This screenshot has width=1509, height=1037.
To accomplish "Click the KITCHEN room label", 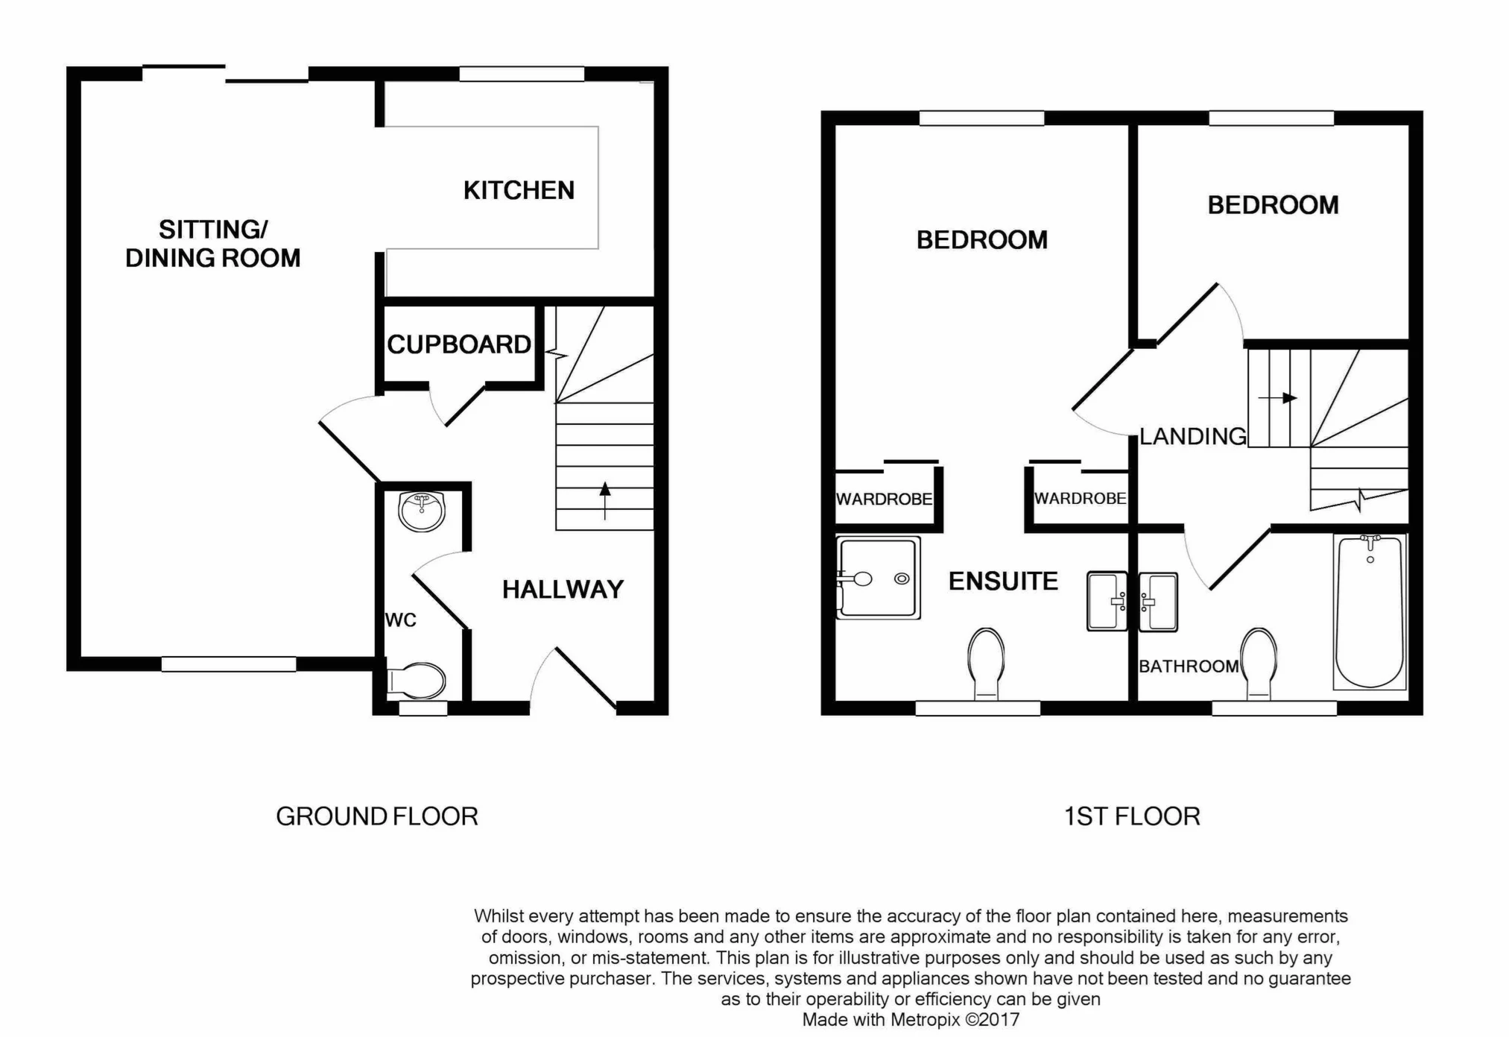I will [x=519, y=191].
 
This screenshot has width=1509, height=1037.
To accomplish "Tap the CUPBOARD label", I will [x=458, y=344].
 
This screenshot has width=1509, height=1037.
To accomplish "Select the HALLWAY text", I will [x=563, y=590].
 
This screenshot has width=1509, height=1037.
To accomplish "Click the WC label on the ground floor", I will [x=400, y=620].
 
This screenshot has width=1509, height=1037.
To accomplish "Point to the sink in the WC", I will [x=422, y=511].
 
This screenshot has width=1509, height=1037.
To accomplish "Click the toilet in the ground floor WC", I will [x=417, y=680].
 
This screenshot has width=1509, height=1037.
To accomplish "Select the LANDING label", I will [x=1192, y=436].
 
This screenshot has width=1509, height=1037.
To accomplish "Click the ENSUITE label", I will [x=1003, y=581].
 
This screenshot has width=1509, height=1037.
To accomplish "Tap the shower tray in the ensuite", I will [x=879, y=579].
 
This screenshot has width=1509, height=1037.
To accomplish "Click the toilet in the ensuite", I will [x=985, y=664].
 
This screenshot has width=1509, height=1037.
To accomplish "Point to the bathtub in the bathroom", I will [x=1370, y=611].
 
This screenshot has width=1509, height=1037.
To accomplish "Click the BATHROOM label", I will [x=1188, y=666].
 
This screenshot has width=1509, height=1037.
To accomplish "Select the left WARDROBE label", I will [x=884, y=499].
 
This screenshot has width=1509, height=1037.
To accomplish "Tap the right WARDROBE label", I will [x=1080, y=499].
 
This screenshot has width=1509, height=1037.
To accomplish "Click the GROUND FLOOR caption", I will [x=377, y=817].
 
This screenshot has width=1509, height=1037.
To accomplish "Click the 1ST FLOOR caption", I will [x=1132, y=817].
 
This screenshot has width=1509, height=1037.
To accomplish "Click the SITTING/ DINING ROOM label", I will [x=213, y=244].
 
